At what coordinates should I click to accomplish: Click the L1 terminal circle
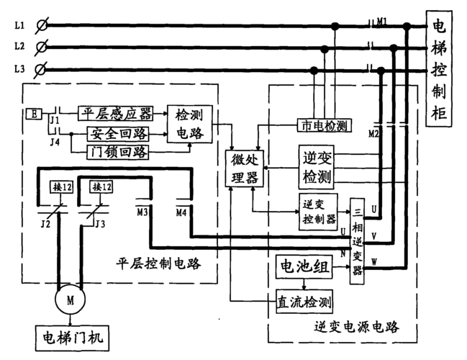point(42,26)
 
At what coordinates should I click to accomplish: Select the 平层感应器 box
point(116,113)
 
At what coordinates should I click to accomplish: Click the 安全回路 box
point(117,133)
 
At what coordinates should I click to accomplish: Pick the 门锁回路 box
point(117,151)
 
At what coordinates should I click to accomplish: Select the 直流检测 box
point(304,300)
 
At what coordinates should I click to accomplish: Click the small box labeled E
point(33,114)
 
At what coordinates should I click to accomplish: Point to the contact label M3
point(142,212)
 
